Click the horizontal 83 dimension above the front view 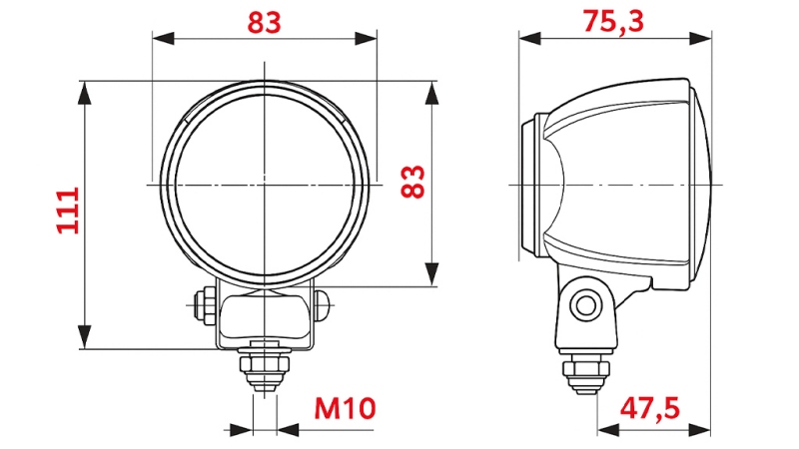tap(265, 22)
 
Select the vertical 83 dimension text tap(412, 182)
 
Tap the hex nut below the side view tap(586, 371)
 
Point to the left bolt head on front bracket tap(205, 303)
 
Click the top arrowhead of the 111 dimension tap(86, 91)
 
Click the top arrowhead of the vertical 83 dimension tap(431, 93)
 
